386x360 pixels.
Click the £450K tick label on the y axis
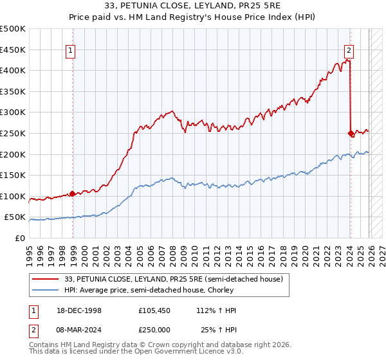click(x=13, y=50)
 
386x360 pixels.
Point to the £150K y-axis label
click(x=13, y=175)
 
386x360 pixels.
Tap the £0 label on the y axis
click(x=20, y=238)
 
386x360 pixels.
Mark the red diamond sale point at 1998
click(x=72, y=194)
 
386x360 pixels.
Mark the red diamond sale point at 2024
click(x=351, y=133)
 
